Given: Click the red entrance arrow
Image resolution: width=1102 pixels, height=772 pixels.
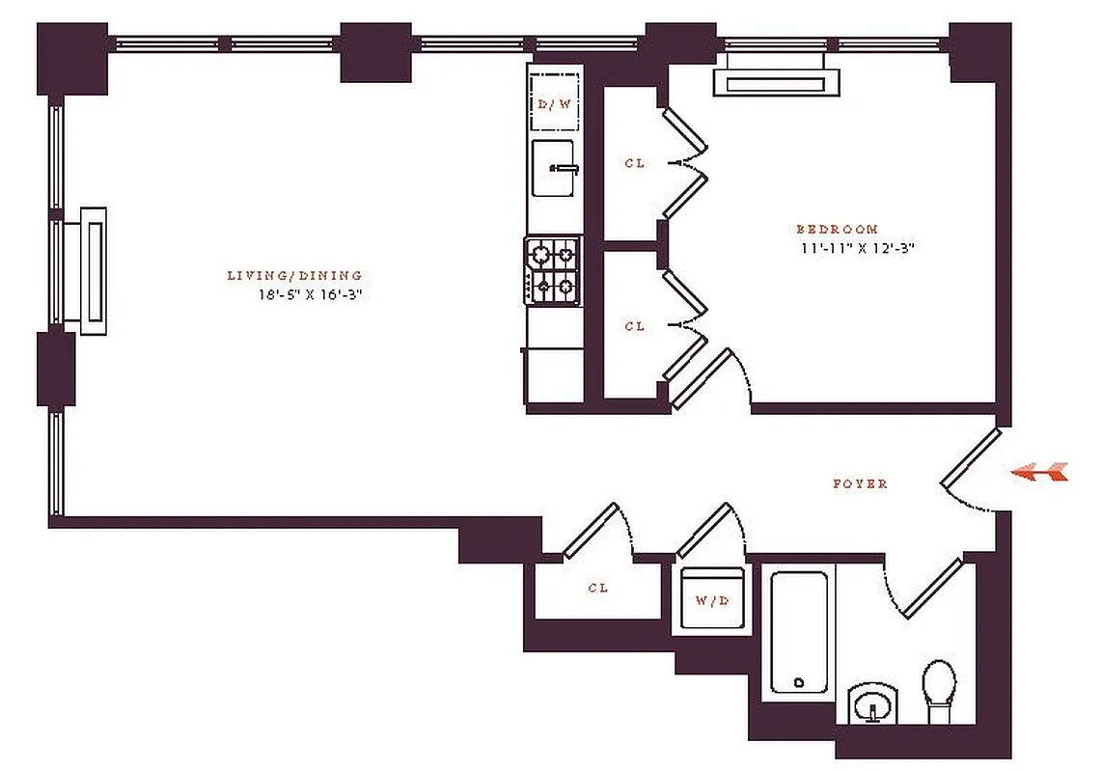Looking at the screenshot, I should click(1040, 472).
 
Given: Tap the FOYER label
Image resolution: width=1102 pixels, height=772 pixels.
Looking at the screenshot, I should click(860, 483).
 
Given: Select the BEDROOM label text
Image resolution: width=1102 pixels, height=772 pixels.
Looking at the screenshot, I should click(837, 230).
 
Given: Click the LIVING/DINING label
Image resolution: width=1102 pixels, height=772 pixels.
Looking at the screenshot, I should click(294, 276).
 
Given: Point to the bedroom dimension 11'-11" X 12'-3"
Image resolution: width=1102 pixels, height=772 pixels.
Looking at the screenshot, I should click(850, 248).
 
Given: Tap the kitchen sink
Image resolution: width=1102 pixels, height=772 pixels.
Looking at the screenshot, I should click(553, 168).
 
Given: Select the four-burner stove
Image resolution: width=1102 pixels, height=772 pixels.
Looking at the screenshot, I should click(553, 271).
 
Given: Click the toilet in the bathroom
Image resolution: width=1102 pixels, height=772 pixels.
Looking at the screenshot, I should click(938, 692).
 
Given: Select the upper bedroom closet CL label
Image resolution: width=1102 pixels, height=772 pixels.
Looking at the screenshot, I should click(634, 164).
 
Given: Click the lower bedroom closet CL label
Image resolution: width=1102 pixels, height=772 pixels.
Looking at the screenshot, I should click(634, 327).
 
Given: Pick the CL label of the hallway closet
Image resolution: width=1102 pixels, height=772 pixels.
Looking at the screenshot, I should click(598, 588).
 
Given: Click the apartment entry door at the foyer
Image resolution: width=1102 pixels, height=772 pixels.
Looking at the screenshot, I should click(970, 458).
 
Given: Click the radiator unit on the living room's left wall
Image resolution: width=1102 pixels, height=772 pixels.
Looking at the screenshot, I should click(91, 270).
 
